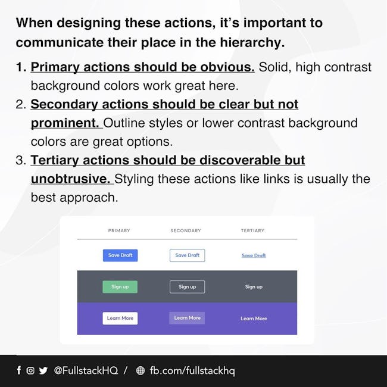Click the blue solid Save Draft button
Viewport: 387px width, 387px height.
pyautogui.click(x=120, y=255)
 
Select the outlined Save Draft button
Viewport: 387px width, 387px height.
pyautogui.click(x=187, y=255)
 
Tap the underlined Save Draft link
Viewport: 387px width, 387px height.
pyautogui.click(x=254, y=255)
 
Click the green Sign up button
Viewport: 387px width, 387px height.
pyautogui.click(x=120, y=287)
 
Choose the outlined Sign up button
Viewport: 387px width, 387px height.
pyautogui.click(x=187, y=287)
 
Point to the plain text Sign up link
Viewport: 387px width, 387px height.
pyautogui.click(x=254, y=287)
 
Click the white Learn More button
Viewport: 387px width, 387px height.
pyautogui.click(x=120, y=319)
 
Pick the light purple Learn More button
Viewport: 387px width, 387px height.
pyautogui.click(x=187, y=318)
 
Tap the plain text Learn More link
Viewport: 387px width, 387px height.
pyautogui.click(x=254, y=319)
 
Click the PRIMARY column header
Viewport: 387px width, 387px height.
pyautogui.click(x=119, y=230)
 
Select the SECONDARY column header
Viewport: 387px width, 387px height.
pyautogui.click(x=186, y=230)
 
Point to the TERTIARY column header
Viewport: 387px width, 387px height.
pyautogui.click(x=252, y=230)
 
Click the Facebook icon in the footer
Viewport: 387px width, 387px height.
pyautogui.click(x=19, y=370)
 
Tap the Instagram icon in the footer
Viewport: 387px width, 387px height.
pyautogui.click(x=30, y=370)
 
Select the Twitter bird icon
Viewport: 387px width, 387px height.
pyautogui.click(x=43, y=370)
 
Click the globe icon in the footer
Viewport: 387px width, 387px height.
pyautogui.click(x=141, y=370)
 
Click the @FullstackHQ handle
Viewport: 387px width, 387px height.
pyautogui.click(x=86, y=370)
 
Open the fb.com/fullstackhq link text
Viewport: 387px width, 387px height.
pyautogui.click(x=192, y=371)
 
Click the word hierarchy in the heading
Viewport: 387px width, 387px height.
pyautogui.click(x=252, y=42)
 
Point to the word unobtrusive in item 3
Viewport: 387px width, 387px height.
pyautogui.click(x=71, y=179)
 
